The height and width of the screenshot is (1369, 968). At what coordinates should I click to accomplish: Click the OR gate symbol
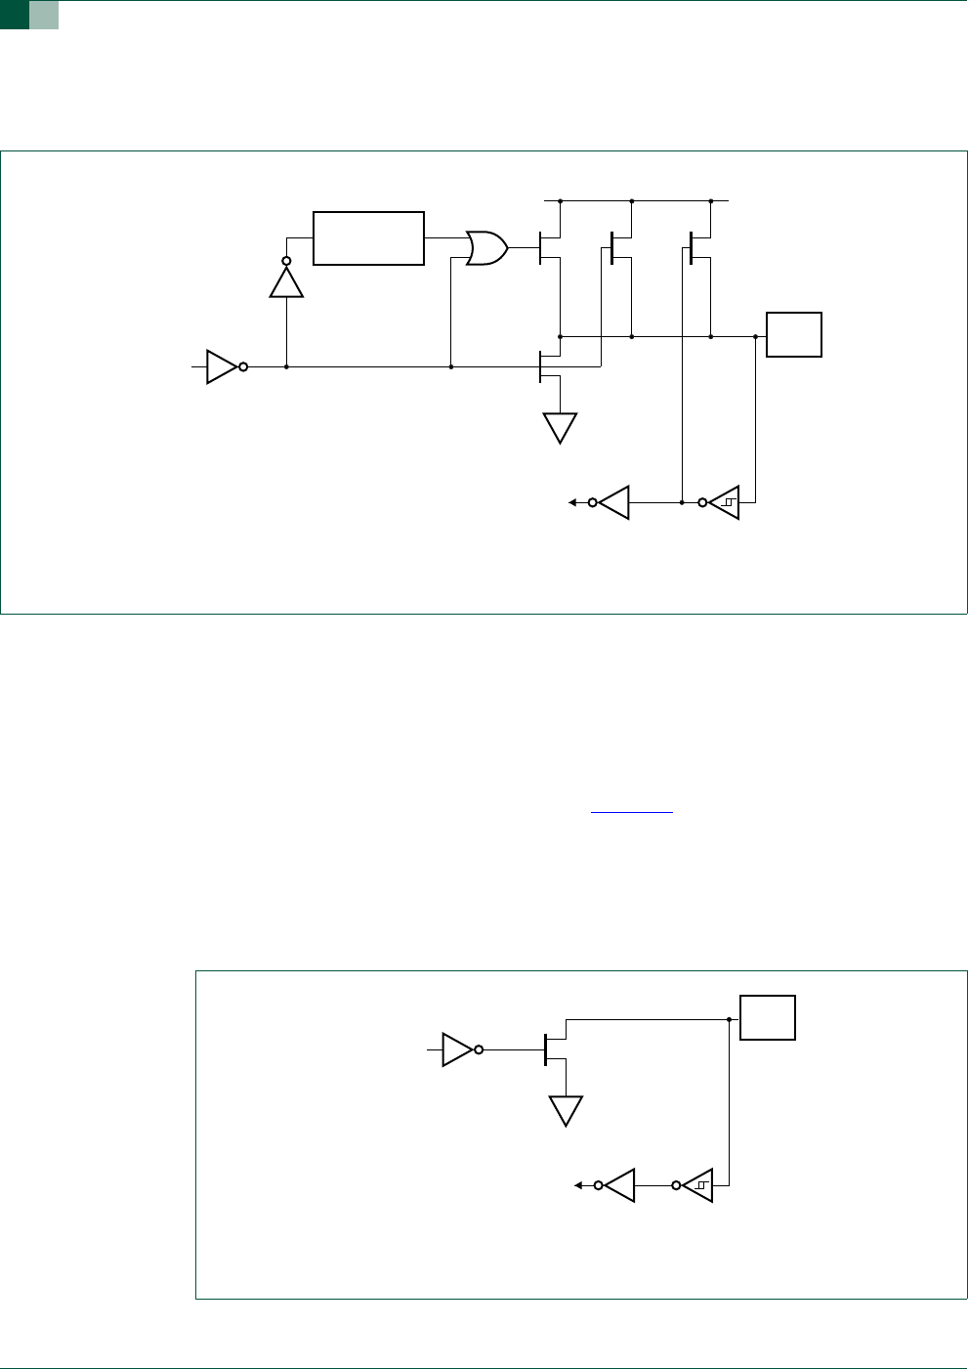coord(486,248)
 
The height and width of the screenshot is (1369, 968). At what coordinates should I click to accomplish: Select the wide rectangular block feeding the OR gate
coord(368,237)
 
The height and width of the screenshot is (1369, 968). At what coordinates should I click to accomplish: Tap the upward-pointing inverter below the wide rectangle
coord(286,280)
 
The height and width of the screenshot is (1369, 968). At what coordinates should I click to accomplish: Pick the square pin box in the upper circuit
coord(794,335)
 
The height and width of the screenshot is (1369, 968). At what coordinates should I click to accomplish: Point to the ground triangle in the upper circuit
coord(560,427)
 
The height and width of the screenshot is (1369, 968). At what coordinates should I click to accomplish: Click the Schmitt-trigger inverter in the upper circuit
coord(722,502)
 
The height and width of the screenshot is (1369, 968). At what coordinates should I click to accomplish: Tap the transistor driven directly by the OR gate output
coord(549,248)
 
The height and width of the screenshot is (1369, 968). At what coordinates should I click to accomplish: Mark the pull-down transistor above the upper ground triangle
coord(550,366)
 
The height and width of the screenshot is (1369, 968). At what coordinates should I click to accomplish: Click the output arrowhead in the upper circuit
coord(573,502)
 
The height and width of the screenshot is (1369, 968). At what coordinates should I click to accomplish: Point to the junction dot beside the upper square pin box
coord(755,336)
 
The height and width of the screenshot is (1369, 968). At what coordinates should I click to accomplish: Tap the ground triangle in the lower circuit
coord(566,1110)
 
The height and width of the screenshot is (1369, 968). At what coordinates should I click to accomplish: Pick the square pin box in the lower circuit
coord(768,1017)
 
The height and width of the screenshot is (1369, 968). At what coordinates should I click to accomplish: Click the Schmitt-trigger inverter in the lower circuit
coord(695,1185)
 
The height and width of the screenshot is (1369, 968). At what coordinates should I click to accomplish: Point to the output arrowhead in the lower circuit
coord(578,1185)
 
